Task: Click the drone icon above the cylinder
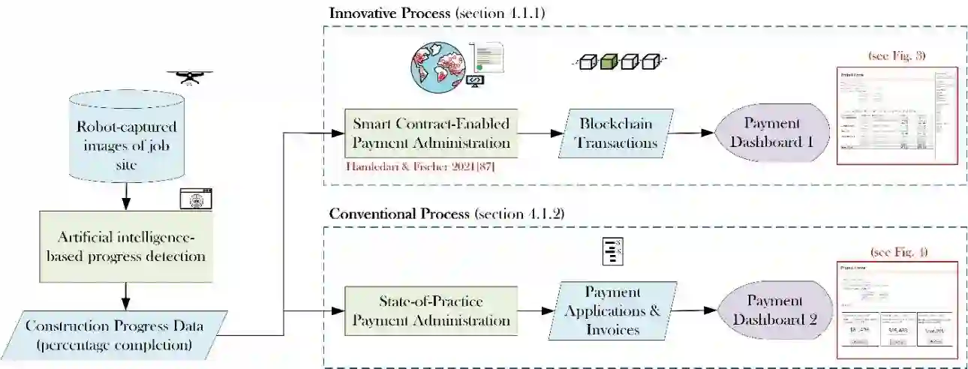pyautogui.click(x=189, y=76)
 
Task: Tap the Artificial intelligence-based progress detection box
pyautogui.click(x=125, y=246)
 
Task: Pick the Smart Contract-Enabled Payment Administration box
pyautogui.click(x=431, y=133)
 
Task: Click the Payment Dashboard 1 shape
pyautogui.click(x=772, y=133)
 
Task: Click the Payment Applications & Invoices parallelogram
pyautogui.click(x=612, y=310)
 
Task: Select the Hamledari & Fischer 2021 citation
pyautogui.click(x=419, y=166)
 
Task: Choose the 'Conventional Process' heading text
pyautogui.click(x=392, y=213)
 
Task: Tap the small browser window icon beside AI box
pyautogui.click(x=195, y=199)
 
